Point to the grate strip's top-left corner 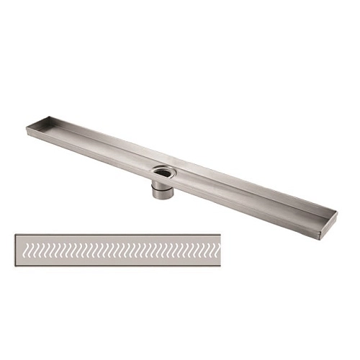click(x=14, y=233)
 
